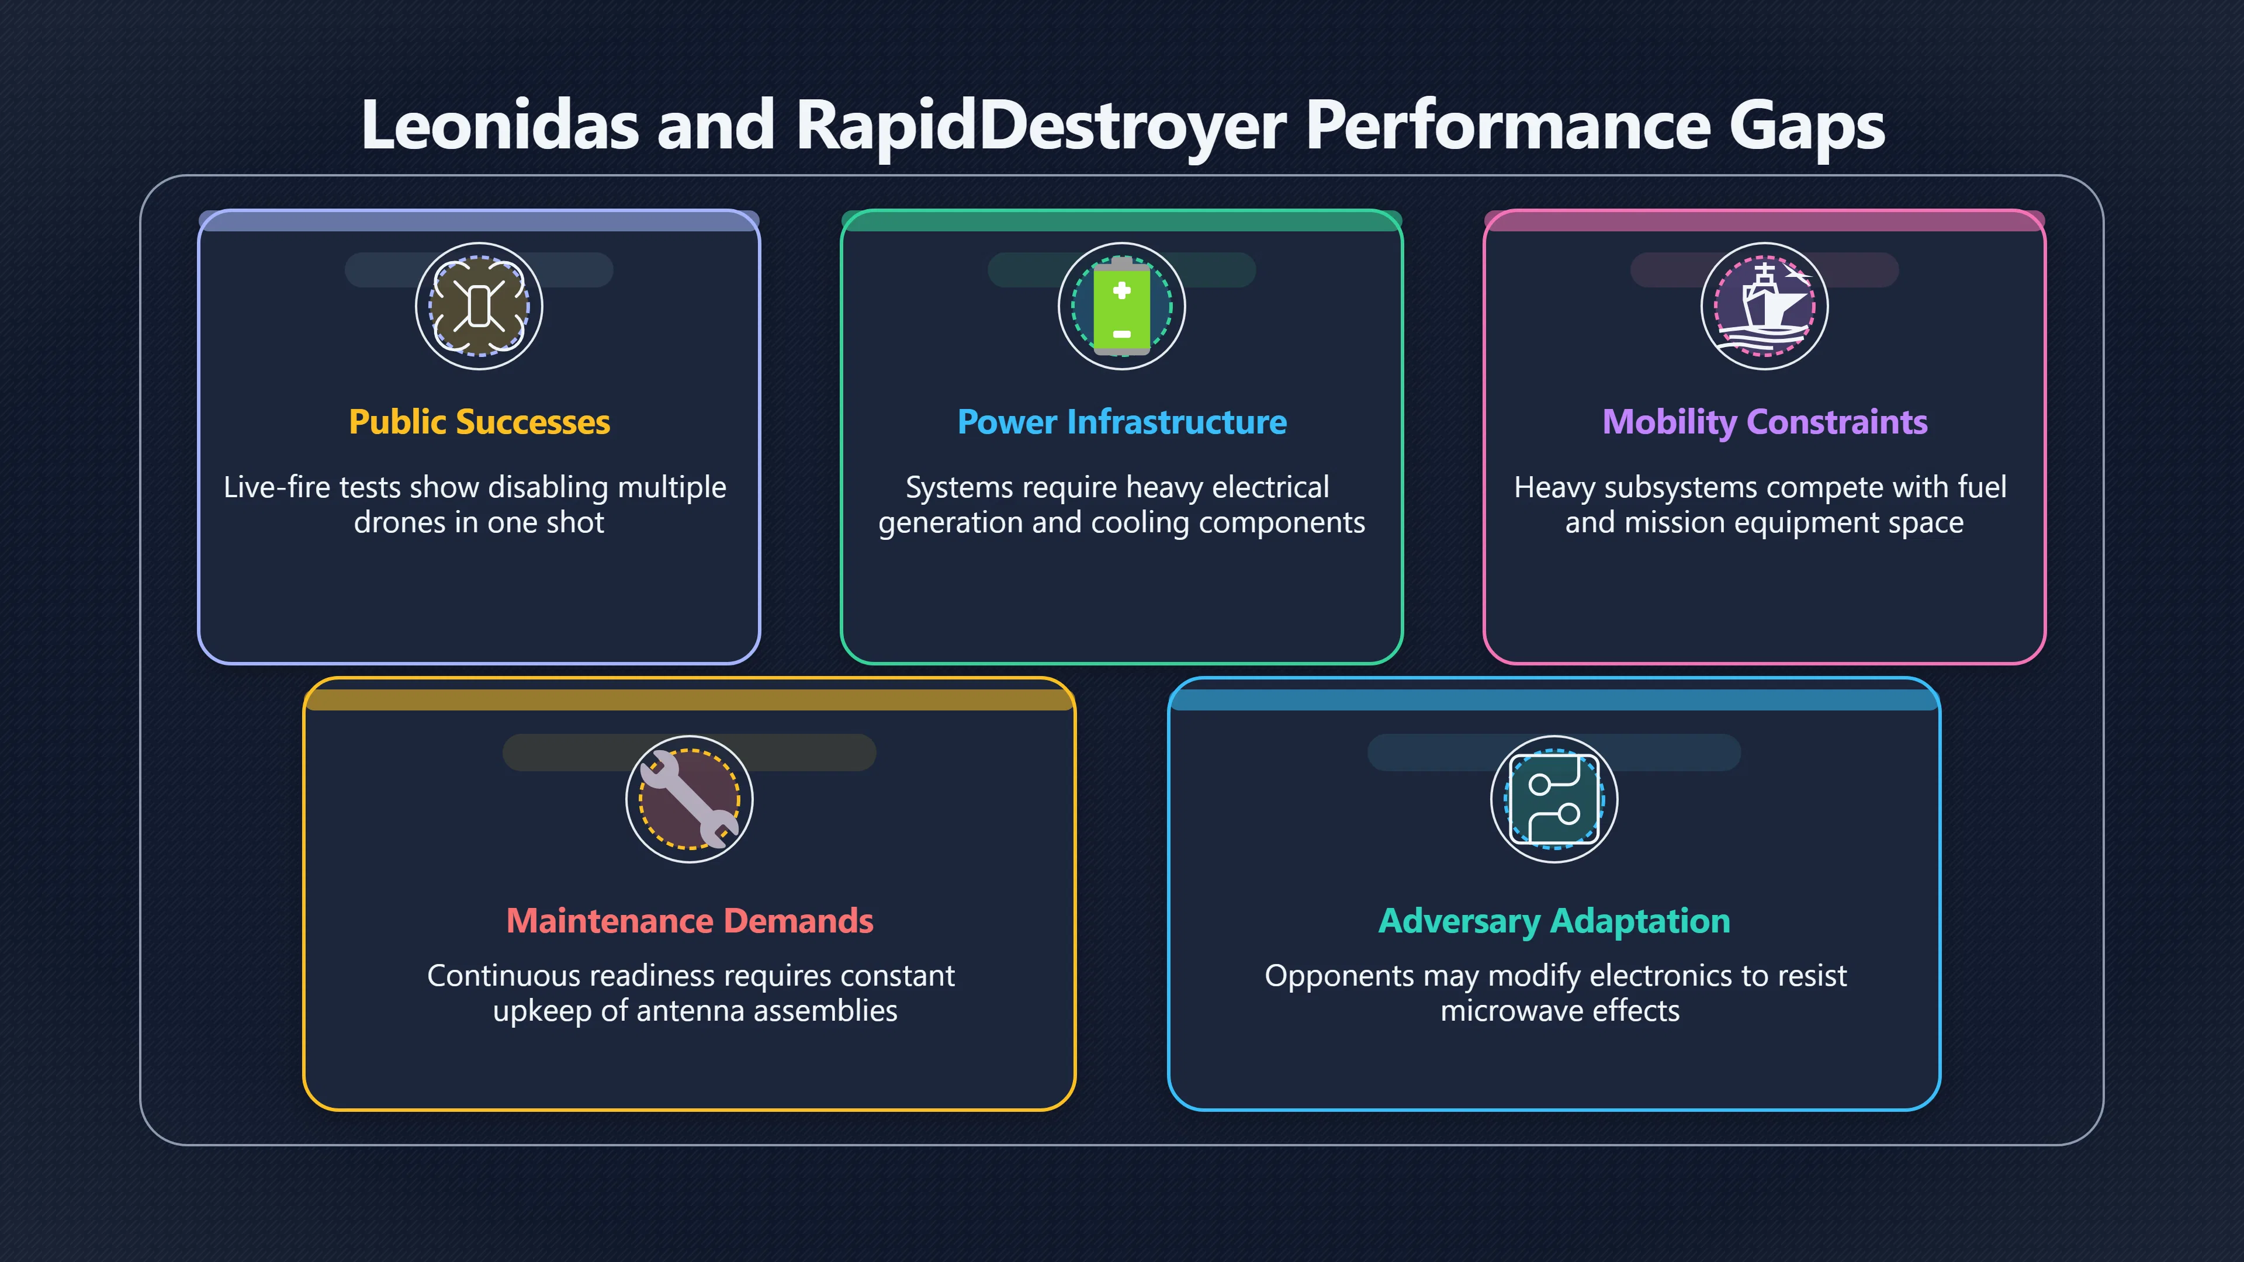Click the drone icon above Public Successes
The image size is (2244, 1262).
click(x=478, y=306)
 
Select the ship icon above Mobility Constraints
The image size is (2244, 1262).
click(x=1765, y=306)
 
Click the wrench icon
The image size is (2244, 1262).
click(x=689, y=799)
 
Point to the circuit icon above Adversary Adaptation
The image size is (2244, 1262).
click(x=1554, y=799)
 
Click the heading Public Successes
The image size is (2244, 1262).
click(x=479, y=421)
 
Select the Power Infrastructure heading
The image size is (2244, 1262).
click(x=1122, y=421)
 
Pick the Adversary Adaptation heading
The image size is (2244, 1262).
click(x=1554, y=921)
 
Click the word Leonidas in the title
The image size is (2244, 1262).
click(x=500, y=124)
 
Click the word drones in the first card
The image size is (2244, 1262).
click(x=400, y=522)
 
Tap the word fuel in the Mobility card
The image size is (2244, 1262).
click(x=1981, y=486)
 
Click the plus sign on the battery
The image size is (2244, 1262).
click(x=1122, y=290)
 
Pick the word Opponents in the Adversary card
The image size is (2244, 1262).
click(x=1339, y=976)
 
